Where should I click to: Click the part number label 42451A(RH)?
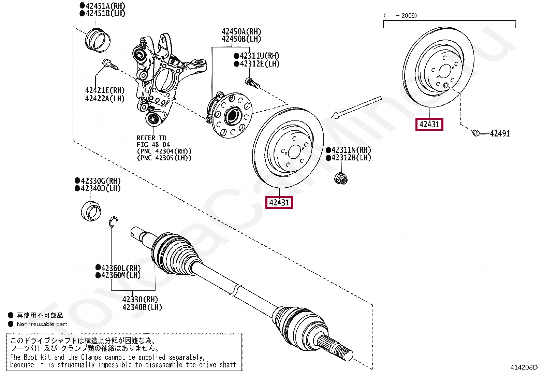click(105, 6)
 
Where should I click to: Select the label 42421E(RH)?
click(105, 90)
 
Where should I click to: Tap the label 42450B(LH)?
click(241, 39)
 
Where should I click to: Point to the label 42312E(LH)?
click(259, 64)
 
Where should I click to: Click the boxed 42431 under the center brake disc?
click(279, 203)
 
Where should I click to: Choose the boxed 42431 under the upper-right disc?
click(429, 124)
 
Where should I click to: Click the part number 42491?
click(500, 134)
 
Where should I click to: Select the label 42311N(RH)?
click(351, 150)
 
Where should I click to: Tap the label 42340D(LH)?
click(101, 188)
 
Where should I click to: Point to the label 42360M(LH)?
click(121, 275)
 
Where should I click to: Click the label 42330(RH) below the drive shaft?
click(140, 299)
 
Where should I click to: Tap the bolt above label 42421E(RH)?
click(109, 64)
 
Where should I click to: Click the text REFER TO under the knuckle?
click(151, 138)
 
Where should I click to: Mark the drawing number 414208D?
click(524, 367)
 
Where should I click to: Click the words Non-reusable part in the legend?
click(42, 324)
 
